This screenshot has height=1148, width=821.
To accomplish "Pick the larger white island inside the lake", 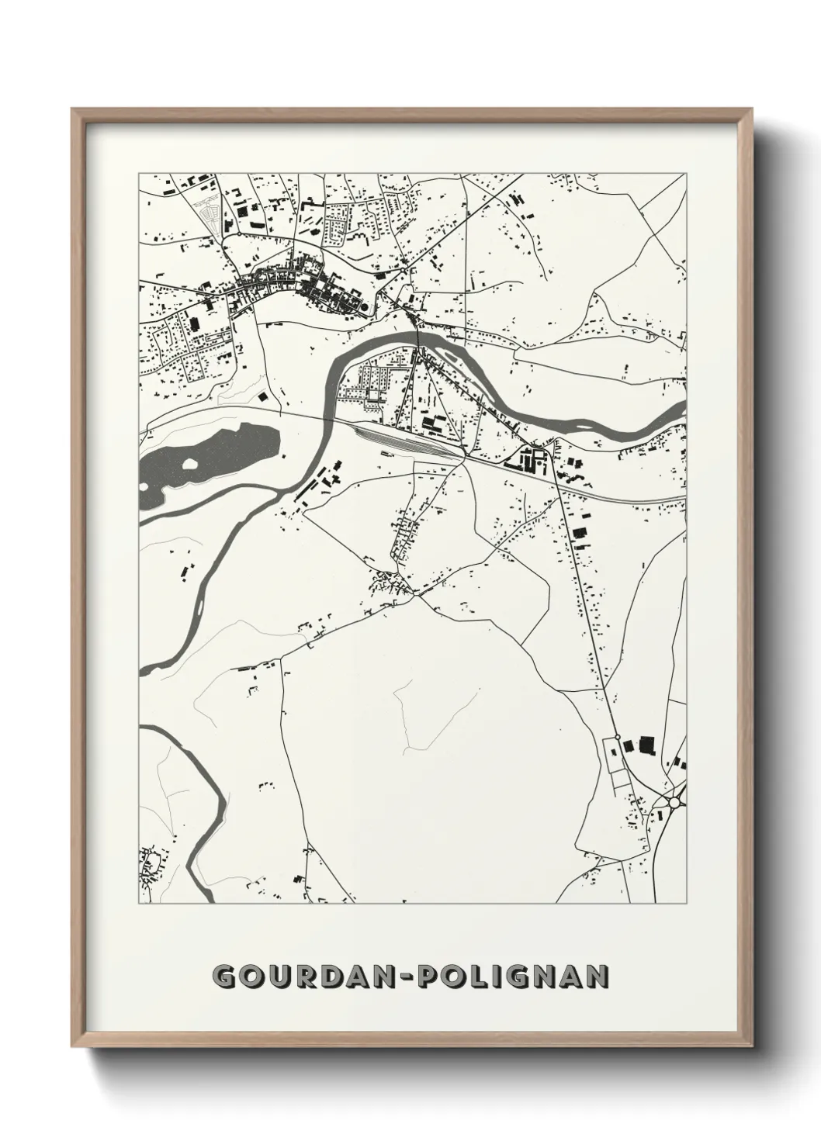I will [x=189, y=467].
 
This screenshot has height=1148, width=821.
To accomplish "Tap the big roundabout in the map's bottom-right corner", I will [x=674, y=804].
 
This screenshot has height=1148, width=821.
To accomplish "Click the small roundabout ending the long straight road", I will [x=617, y=737].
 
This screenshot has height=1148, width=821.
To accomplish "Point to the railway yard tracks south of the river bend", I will [x=404, y=442].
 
